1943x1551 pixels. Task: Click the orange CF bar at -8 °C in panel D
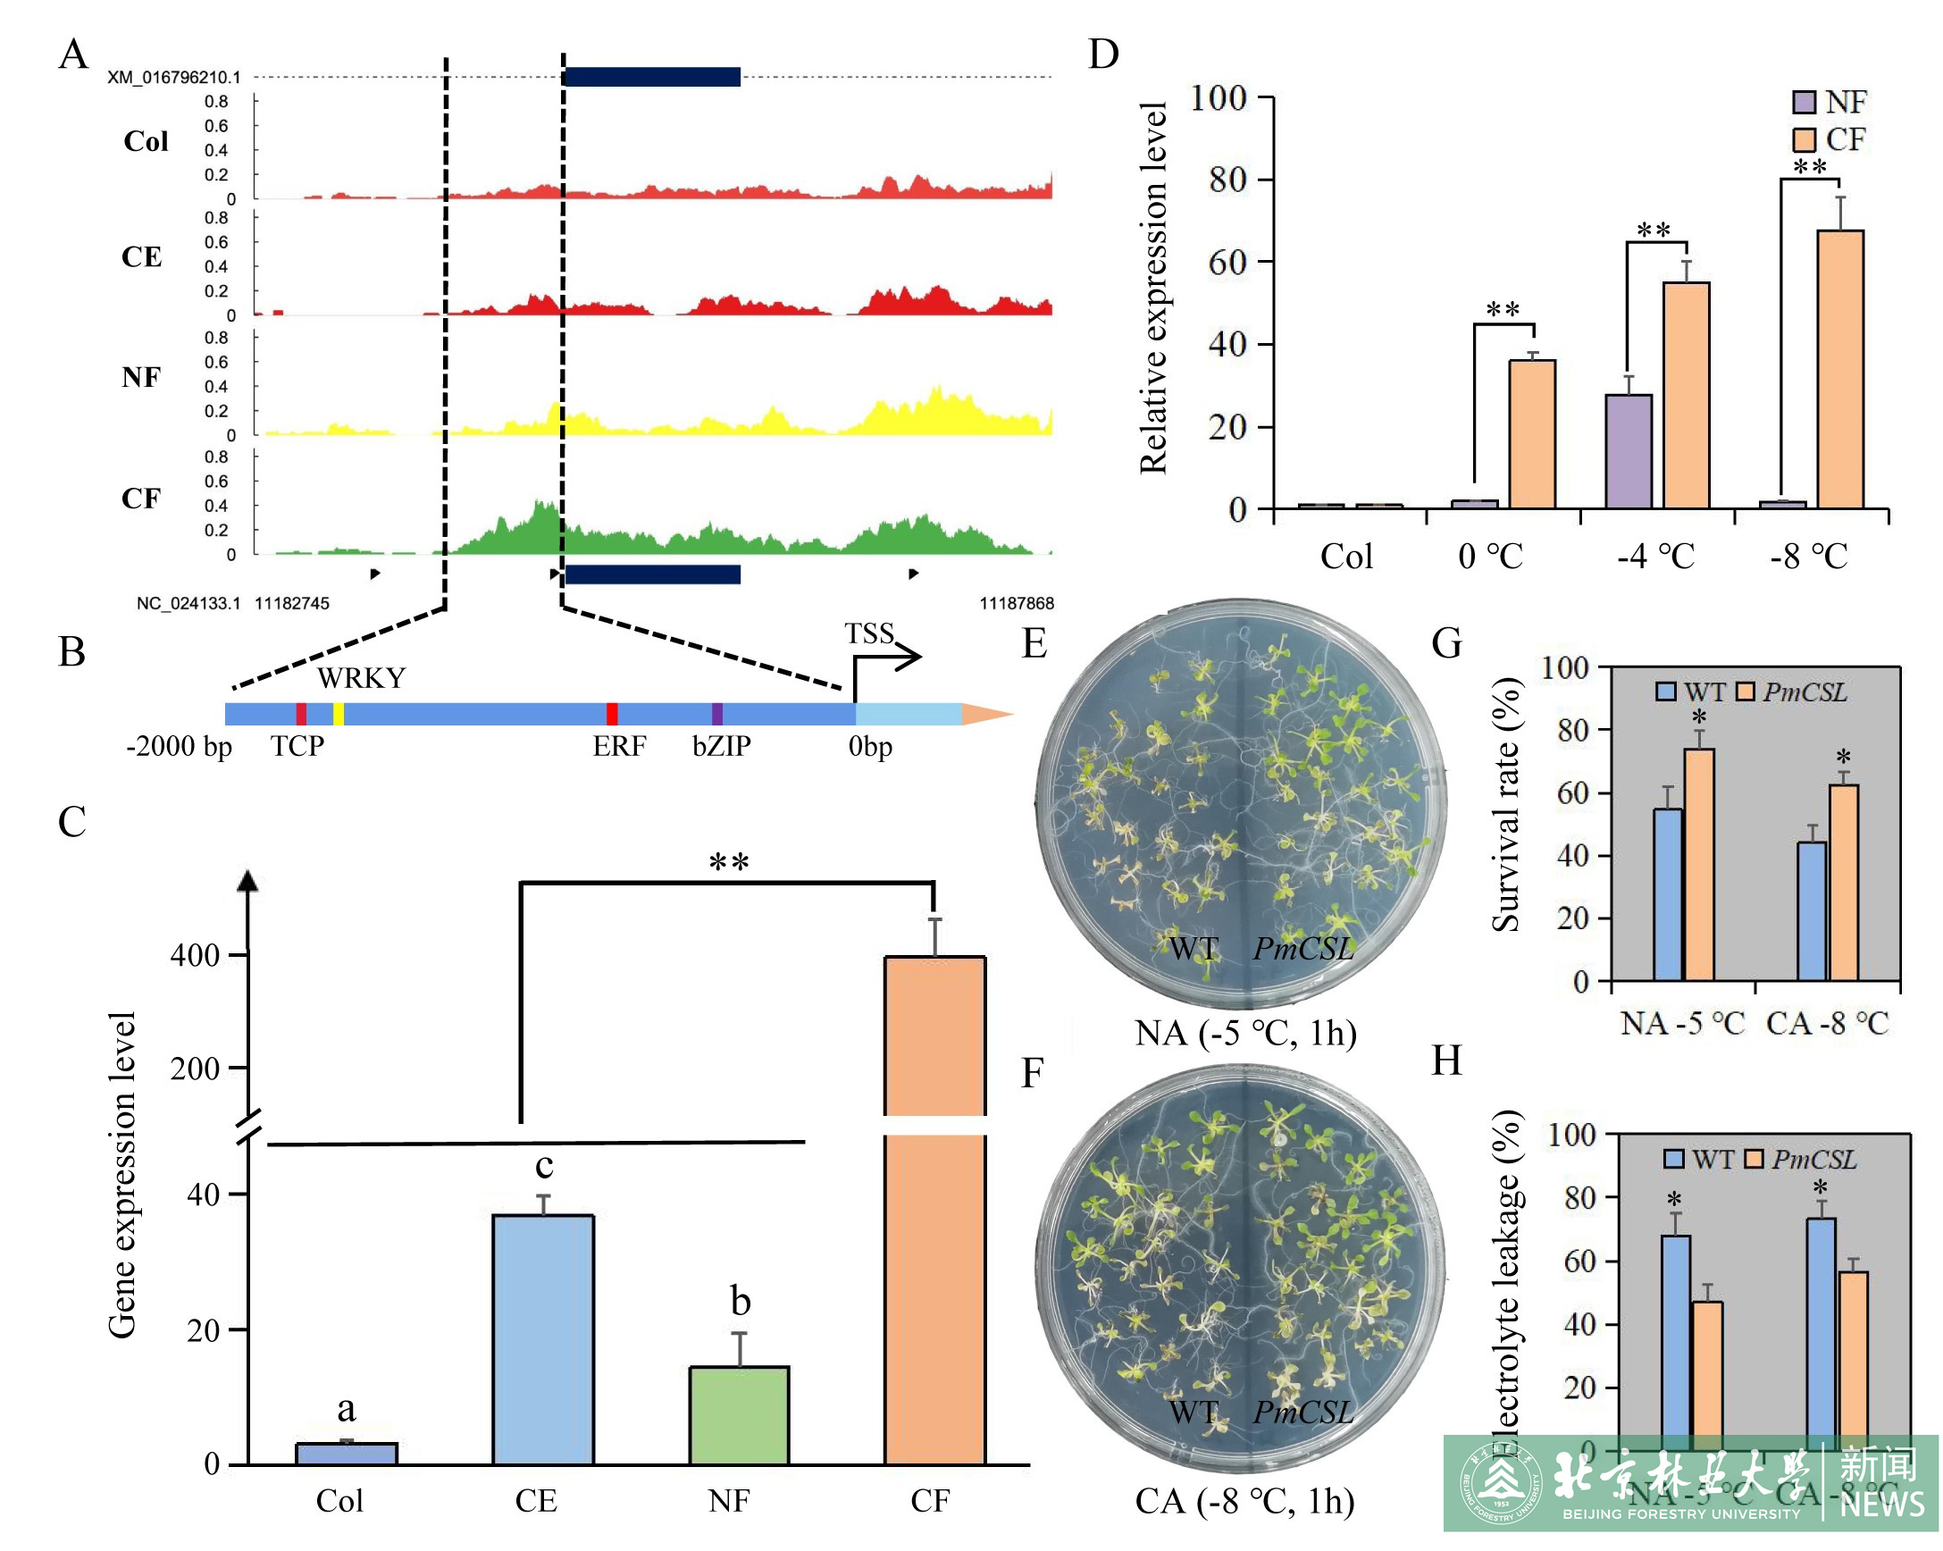point(1839,370)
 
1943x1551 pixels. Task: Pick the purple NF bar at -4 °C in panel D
point(1628,451)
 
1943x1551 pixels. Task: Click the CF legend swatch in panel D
point(1804,139)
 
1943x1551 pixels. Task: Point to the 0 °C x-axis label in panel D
point(1490,556)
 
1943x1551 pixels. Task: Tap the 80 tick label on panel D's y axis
point(1227,180)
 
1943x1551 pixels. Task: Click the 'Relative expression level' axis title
point(1152,289)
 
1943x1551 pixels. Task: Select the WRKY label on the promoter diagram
point(361,678)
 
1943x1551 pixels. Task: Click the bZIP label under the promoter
point(721,746)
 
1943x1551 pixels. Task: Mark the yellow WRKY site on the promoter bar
point(339,715)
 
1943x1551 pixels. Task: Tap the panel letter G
point(1446,643)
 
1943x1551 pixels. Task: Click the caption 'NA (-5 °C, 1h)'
point(1245,1033)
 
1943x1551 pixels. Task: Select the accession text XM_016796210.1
point(174,78)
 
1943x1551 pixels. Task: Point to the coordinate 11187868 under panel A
point(1017,603)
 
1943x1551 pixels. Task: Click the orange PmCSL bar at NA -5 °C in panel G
point(1699,864)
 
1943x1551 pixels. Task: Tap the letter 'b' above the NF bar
point(740,1301)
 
